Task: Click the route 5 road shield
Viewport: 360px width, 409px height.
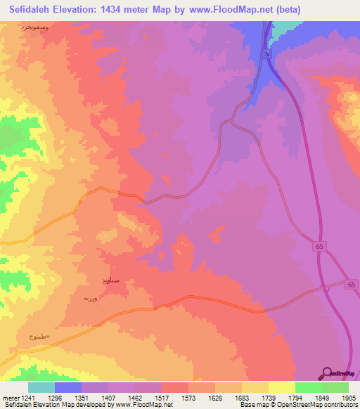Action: pos(267,53)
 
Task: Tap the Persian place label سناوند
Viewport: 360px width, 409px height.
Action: pos(110,280)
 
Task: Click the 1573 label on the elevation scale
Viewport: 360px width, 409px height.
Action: pos(188,397)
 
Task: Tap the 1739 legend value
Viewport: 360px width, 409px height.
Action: pos(268,397)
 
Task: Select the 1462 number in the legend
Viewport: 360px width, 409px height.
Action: pos(135,397)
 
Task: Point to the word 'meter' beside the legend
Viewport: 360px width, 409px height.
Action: pos(10,397)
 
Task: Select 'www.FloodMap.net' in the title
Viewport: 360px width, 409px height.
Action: pos(232,10)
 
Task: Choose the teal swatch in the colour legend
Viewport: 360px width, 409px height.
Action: pos(41,387)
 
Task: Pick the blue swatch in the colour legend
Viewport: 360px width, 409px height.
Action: pos(68,387)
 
